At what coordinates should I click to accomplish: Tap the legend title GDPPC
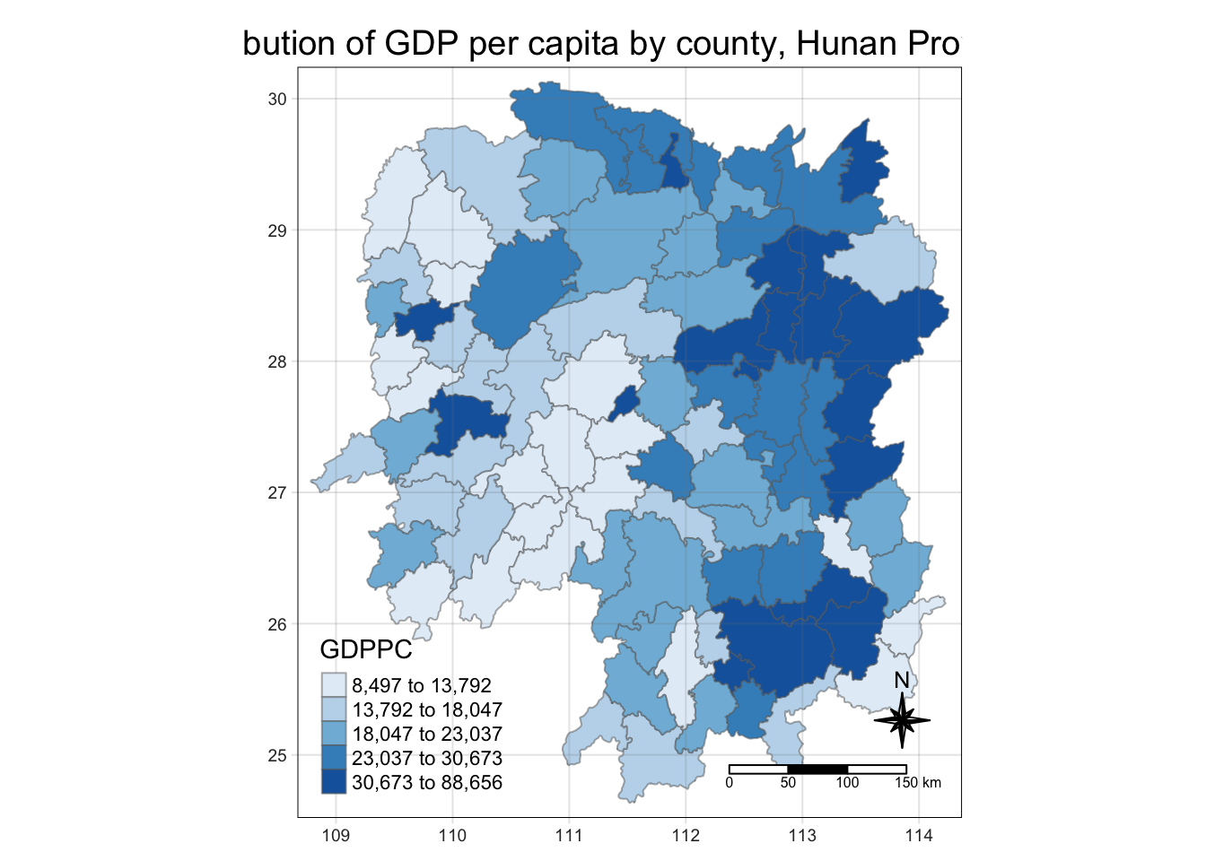click(366, 650)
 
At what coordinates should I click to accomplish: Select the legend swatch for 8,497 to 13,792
click(334, 686)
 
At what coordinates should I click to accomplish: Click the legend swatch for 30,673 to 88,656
click(334, 782)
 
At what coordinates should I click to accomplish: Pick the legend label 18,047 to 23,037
click(426, 735)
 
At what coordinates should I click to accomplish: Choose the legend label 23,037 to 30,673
click(426, 759)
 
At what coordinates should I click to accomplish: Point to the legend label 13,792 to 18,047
click(426, 710)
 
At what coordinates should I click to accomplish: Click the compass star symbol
click(903, 720)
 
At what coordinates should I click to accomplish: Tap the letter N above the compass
click(902, 681)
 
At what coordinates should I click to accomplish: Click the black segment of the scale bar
click(817, 770)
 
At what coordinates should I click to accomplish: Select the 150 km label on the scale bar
click(918, 783)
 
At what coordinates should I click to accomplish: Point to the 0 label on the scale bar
click(730, 783)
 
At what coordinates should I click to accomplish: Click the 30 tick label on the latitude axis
click(277, 100)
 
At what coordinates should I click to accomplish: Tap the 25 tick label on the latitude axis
click(277, 756)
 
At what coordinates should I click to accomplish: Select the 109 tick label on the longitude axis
click(336, 836)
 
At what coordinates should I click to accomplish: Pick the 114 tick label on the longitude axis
click(919, 836)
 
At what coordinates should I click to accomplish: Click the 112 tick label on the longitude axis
click(686, 836)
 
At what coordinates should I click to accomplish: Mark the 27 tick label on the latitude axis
click(277, 493)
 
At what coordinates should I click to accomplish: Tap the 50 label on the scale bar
click(788, 783)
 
